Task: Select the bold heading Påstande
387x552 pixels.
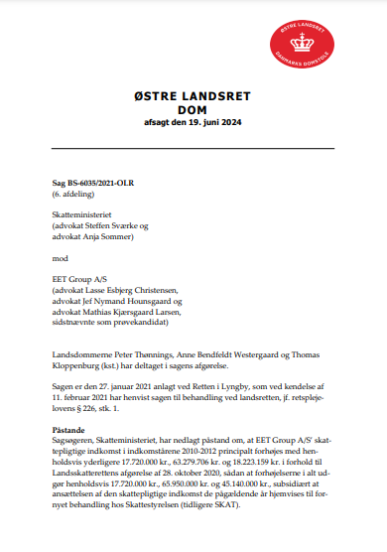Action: [70, 432]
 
